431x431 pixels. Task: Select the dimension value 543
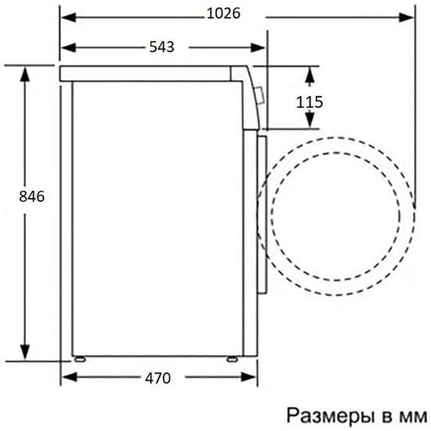162,47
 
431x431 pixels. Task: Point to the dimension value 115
309,101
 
